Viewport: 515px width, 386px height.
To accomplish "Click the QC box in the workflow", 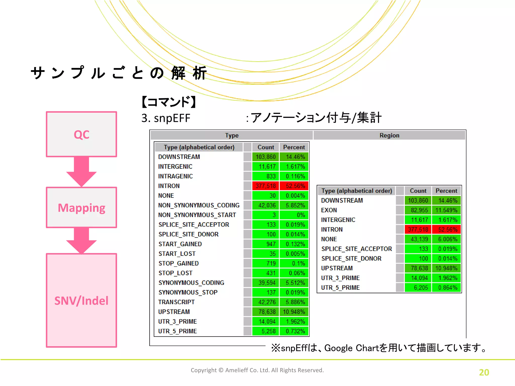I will coord(81,134).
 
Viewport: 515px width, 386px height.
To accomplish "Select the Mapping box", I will coord(81,208).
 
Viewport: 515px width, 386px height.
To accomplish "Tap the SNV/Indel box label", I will coord(81,301).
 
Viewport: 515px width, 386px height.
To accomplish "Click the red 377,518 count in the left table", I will coord(266,186).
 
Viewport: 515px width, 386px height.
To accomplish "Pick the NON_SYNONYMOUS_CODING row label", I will coord(199,205).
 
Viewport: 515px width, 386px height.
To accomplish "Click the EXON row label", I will coord(329,210).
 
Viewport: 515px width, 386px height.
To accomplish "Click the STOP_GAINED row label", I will coord(179,263).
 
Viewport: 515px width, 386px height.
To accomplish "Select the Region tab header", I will coord(389,135).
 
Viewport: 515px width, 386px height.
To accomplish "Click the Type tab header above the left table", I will coord(232,135).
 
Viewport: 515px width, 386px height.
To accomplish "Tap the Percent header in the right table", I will coord(446,191).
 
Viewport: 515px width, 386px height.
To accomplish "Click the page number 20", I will coord(484,372).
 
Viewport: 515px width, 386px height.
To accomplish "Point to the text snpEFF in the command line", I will coord(172,118).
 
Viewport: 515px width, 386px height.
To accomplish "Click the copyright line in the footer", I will coord(257,370).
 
